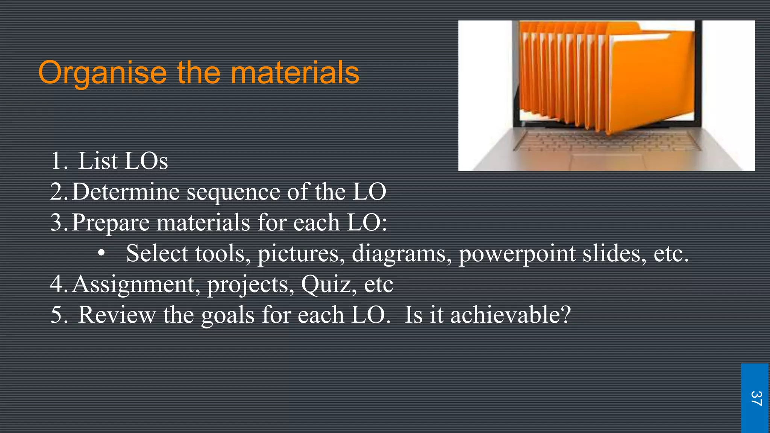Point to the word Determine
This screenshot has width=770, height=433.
[x=126, y=192]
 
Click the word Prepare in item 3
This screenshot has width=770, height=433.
[x=110, y=223]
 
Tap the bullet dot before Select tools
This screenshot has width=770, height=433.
[x=101, y=253]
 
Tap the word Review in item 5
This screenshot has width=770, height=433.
[x=117, y=315]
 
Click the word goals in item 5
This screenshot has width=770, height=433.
[x=228, y=315]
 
